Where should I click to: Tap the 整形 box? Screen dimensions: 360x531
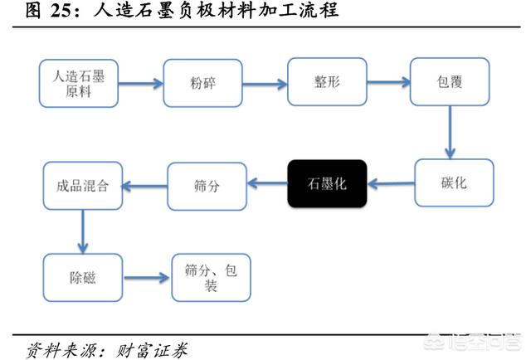(326, 82)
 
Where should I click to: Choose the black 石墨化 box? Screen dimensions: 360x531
(327, 183)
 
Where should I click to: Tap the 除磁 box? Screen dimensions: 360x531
(82, 277)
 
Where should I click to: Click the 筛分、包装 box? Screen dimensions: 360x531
(211, 277)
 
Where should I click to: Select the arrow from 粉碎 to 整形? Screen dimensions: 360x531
(264, 82)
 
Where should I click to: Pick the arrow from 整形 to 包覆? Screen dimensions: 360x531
(388, 82)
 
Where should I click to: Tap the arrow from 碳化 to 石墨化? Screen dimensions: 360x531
(390, 183)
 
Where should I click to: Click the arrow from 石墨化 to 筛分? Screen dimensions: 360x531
(267, 184)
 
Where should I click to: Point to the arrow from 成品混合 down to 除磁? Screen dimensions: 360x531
(82, 231)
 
